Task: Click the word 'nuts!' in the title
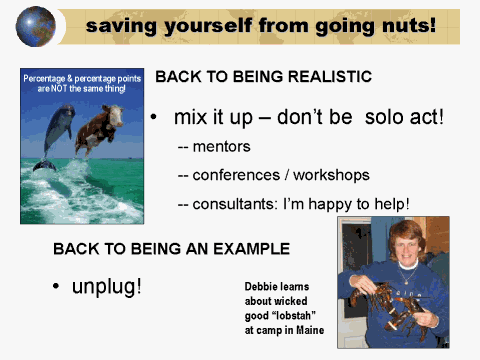coord(404,24)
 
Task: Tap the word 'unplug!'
coord(106,287)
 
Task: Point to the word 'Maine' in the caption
coord(307,331)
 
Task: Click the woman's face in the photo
coord(405,246)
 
